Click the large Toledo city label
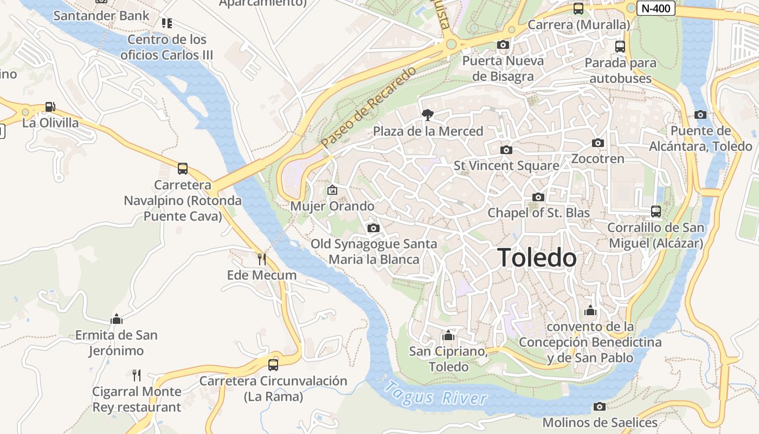tap(537, 258)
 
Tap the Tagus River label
tap(436, 394)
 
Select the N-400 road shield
tap(655, 8)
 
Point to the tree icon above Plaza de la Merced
tap(428, 114)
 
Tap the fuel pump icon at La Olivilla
tap(50, 107)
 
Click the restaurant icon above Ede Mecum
tap(262, 259)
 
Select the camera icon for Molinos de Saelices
tap(599, 406)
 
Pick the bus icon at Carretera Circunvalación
tap(273, 365)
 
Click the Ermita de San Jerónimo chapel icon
tap(117, 319)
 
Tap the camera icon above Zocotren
tap(598, 143)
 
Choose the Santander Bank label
tap(101, 16)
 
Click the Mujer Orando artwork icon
tap(332, 190)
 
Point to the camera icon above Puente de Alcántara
tap(700, 114)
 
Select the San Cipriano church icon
tap(448, 335)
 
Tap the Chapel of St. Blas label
tap(538, 213)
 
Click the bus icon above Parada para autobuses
tap(620, 47)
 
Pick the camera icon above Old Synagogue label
tap(373, 228)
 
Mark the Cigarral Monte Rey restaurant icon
tap(137, 375)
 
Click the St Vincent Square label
tap(506, 165)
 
